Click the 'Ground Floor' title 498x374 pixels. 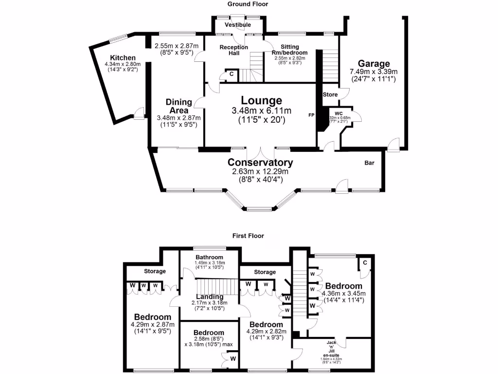pyautogui.click(x=249, y=4)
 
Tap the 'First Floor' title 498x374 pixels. pyautogui.click(x=249, y=236)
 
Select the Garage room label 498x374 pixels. pyautogui.click(x=374, y=63)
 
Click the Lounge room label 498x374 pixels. pyautogui.click(x=262, y=101)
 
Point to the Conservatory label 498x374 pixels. pyautogui.click(x=260, y=163)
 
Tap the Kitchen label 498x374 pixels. pyautogui.click(x=122, y=57)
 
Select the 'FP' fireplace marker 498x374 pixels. pyautogui.click(x=311, y=115)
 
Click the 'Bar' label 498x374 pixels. pyautogui.click(x=370, y=163)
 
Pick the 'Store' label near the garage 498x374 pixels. pyautogui.click(x=330, y=94)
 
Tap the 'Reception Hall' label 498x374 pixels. pyautogui.click(x=234, y=50)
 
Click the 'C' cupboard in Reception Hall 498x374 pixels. pyautogui.click(x=231, y=75)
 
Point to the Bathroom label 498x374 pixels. pyautogui.click(x=209, y=257)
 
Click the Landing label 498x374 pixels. pyautogui.click(x=210, y=297)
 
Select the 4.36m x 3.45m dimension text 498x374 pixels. pyautogui.click(x=344, y=294)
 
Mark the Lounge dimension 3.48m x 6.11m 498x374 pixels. pyautogui.click(x=262, y=111)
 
